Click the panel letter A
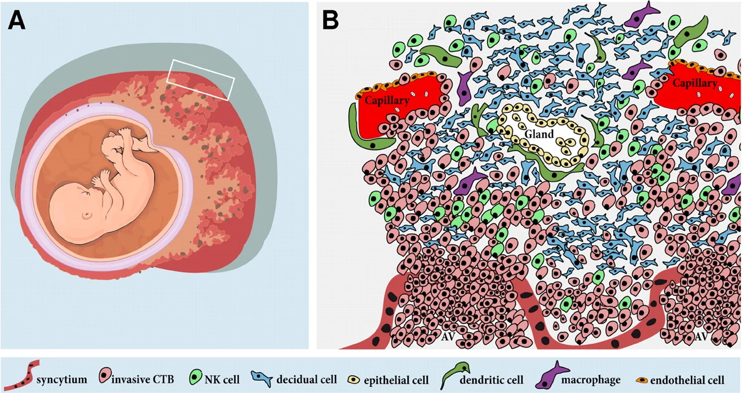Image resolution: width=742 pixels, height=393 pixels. [x=17, y=20]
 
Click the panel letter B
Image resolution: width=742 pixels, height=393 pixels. [x=330, y=20]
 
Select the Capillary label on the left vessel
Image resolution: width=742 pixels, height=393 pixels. [x=387, y=100]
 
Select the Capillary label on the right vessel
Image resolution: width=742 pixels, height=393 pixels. [x=694, y=83]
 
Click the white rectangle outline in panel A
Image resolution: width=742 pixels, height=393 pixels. [x=201, y=80]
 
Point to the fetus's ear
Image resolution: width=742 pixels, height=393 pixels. [x=87, y=215]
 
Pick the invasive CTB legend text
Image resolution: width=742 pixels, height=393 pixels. [x=143, y=379]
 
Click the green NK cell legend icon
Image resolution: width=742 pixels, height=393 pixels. [x=195, y=377]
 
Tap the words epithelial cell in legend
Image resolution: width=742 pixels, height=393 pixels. [x=396, y=380]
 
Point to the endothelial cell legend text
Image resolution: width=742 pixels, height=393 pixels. [x=688, y=380]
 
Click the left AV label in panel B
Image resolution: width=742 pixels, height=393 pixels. [x=449, y=336]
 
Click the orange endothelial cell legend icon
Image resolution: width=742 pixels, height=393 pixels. [x=642, y=380]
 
